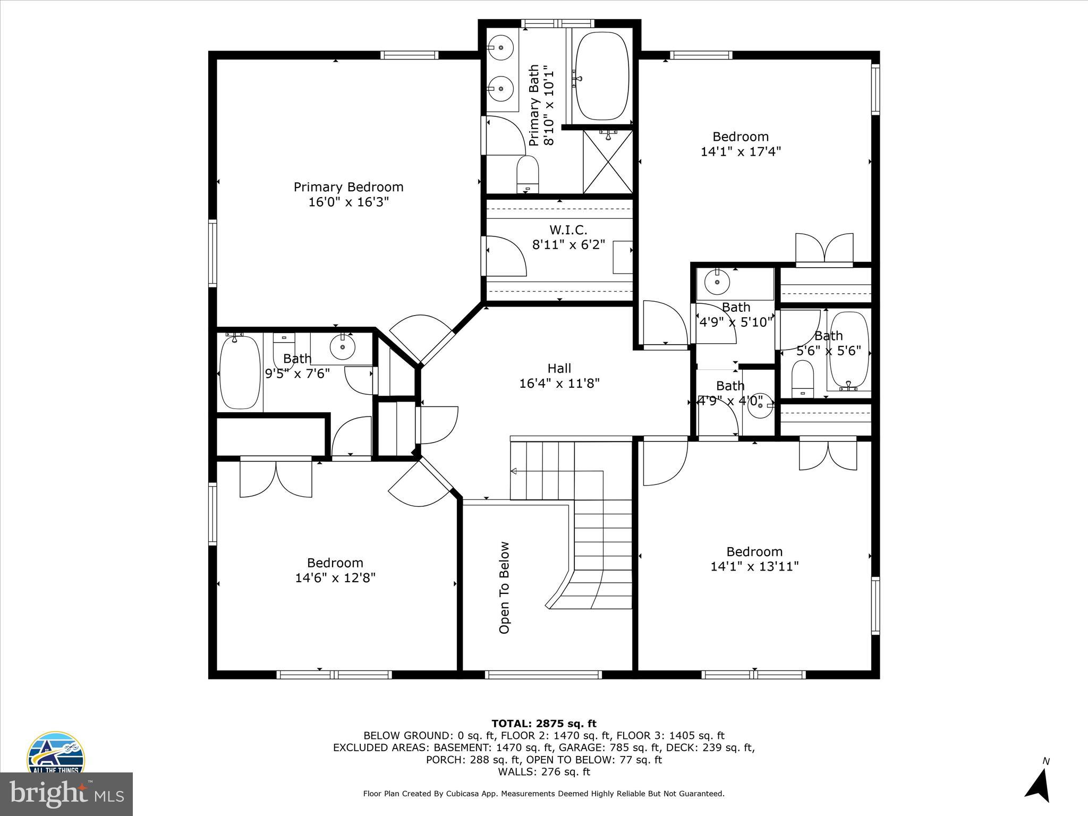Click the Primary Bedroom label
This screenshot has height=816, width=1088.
[x=348, y=187]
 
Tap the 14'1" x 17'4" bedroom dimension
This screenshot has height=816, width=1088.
[x=741, y=152]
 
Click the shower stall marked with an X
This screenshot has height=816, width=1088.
[x=608, y=162]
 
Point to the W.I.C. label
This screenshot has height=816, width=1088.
[x=568, y=230]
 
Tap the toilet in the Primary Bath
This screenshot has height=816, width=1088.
[x=528, y=174]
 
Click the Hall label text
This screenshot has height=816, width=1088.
[x=559, y=368]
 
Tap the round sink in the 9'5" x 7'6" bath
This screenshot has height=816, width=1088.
[x=342, y=347]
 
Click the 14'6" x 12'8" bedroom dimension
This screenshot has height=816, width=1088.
[x=335, y=577]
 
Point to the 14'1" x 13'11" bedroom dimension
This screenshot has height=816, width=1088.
[x=754, y=566]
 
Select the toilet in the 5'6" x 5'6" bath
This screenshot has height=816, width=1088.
[x=802, y=378]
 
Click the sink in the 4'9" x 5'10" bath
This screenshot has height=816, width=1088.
[x=717, y=281]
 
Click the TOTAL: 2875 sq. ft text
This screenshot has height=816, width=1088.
[x=543, y=724]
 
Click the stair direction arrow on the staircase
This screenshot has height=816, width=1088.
[x=514, y=471]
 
